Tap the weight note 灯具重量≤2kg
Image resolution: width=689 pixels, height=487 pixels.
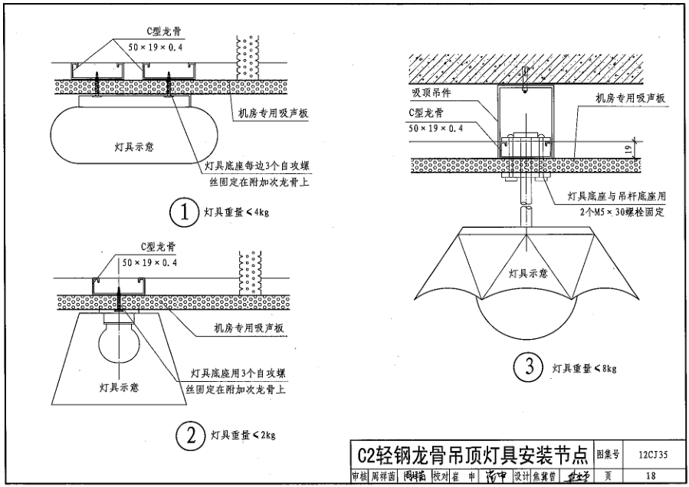[x=242, y=436]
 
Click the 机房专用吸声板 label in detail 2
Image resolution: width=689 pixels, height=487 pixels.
[x=249, y=328]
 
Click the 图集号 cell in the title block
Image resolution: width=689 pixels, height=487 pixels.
[x=609, y=455]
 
